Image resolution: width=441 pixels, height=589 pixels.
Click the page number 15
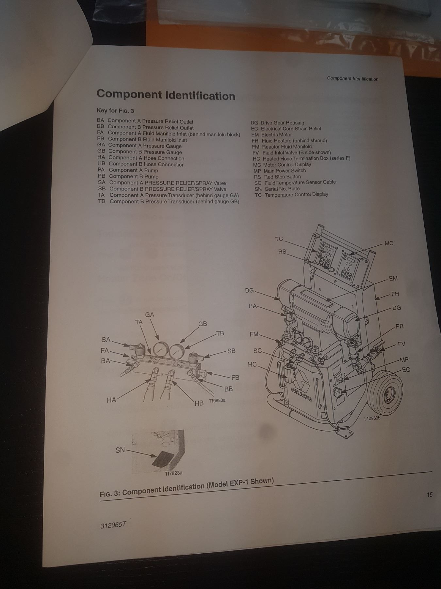[430, 494]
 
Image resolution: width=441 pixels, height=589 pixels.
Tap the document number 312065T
[113, 525]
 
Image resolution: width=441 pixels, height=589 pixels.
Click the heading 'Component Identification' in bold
[166, 95]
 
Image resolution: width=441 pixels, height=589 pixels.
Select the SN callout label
[120, 450]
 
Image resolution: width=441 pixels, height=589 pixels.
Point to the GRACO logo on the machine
[301, 394]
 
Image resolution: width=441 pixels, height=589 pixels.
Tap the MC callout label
[389, 243]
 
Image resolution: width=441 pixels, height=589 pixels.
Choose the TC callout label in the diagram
[279, 239]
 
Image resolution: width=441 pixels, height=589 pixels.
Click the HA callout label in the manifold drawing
[111, 400]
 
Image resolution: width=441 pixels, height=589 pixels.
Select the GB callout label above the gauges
[203, 324]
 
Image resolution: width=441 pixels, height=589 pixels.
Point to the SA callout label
[106, 340]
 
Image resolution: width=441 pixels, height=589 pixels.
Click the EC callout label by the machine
[406, 370]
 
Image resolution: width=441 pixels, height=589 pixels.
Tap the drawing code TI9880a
[217, 401]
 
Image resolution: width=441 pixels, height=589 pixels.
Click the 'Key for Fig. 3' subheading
[115, 111]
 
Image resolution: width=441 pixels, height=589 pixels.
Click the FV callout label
[401, 344]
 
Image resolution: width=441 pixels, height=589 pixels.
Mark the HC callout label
[252, 364]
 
